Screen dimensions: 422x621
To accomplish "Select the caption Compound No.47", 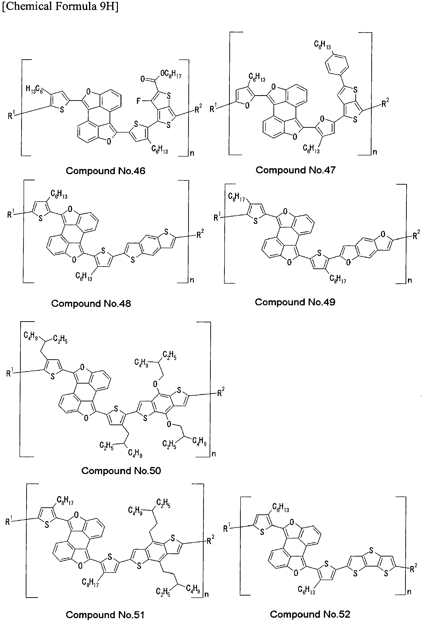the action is click(296, 170).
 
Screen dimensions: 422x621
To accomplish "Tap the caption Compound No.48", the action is click(91, 304).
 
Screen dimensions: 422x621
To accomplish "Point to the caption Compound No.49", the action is click(295, 302).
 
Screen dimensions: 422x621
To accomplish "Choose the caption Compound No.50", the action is click(121, 471).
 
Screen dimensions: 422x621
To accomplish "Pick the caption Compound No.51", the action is click(105, 615).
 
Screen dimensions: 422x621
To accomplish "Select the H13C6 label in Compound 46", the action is click(34, 89).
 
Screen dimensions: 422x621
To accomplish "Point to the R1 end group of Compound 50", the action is click(10, 372).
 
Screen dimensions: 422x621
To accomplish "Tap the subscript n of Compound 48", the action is click(192, 280).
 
